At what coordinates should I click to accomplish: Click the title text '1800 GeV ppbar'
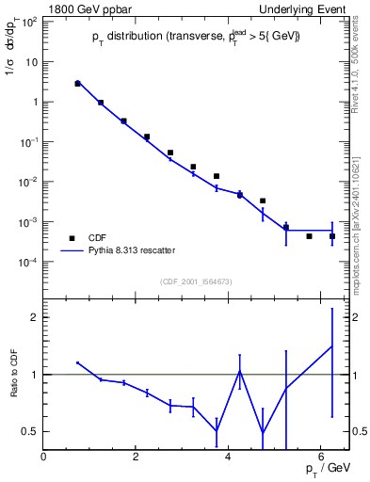[x=82, y=8]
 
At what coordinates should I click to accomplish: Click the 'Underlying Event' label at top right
[x=306, y=8]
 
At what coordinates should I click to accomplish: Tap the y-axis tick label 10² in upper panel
[x=29, y=21]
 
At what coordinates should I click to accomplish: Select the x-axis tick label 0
[x=44, y=457]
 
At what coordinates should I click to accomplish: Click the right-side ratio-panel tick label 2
[x=358, y=317]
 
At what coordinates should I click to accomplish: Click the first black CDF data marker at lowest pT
[x=78, y=84]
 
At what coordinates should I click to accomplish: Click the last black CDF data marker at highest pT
[x=332, y=236]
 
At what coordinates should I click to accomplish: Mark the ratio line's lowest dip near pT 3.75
[x=217, y=431]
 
